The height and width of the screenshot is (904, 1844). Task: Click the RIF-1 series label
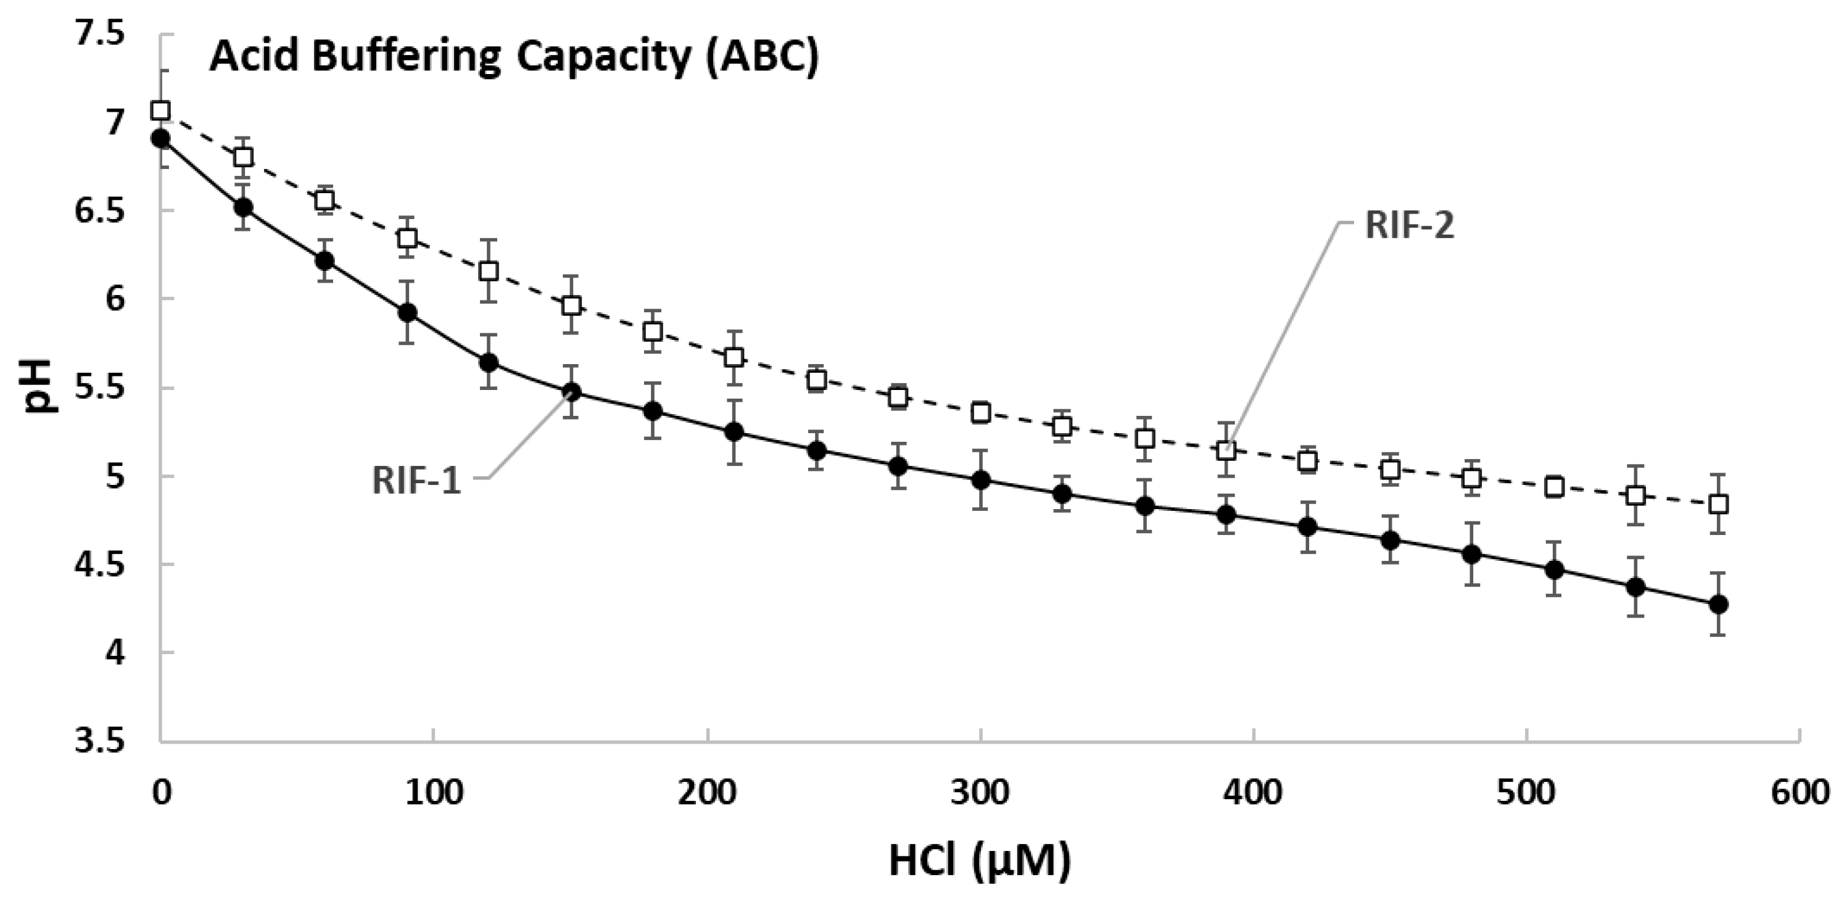click(x=416, y=479)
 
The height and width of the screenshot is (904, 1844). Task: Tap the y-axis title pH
click(x=41, y=386)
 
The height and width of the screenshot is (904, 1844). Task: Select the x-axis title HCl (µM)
click(x=979, y=860)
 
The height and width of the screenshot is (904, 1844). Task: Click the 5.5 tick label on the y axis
click(x=99, y=388)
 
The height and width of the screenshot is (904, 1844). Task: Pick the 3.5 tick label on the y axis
click(x=99, y=742)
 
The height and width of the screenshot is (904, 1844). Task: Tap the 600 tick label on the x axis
click(x=1799, y=795)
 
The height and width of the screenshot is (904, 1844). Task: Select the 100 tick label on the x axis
click(x=434, y=795)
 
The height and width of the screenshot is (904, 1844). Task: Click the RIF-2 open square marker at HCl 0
click(x=160, y=110)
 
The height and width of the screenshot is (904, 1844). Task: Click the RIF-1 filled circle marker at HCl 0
click(x=160, y=138)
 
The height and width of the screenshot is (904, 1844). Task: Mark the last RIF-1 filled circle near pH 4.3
click(x=1718, y=604)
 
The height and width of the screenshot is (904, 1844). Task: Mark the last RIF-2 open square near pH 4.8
click(x=1718, y=504)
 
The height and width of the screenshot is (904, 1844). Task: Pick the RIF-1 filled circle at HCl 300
click(x=981, y=479)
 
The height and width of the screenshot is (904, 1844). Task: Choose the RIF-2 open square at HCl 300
click(x=981, y=413)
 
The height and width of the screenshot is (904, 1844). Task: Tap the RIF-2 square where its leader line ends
click(x=1226, y=451)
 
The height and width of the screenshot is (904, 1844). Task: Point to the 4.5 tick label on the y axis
click(x=99, y=565)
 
